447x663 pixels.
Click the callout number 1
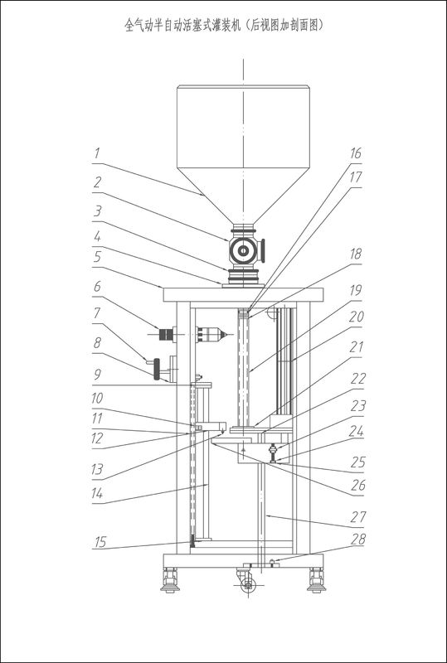click(x=97, y=153)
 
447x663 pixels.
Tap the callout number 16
click(x=356, y=153)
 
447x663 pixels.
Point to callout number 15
click(x=100, y=542)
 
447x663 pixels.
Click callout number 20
click(x=356, y=317)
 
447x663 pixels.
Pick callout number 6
click(x=97, y=287)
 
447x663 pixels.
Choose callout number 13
click(x=97, y=469)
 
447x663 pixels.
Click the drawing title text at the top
click(x=224, y=26)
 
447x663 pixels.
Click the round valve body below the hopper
click(x=243, y=251)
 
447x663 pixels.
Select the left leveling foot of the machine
click(x=171, y=580)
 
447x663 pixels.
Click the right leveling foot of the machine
click(x=316, y=580)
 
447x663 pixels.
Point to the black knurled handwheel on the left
click(x=158, y=369)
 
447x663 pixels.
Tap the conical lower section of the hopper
click(x=243, y=196)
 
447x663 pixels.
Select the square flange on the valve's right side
click(x=263, y=251)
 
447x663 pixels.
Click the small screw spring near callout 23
click(x=273, y=453)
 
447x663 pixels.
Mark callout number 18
click(x=356, y=254)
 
